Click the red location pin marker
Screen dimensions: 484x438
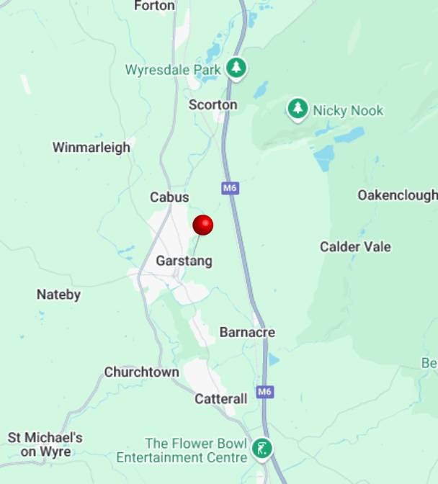pyautogui.click(x=203, y=225)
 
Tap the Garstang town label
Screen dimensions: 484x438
pyautogui.click(x=184, y=261)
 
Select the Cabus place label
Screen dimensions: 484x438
pyautogui.click(x=169, y=197)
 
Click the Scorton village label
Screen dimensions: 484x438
pyautogui.click(x=213, y=105)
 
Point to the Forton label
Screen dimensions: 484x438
pyautogui.click(x=154, y=6)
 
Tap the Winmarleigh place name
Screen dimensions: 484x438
pyautogui.click(x=91, y=148)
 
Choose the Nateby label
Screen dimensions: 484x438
pyautogui.click(x=58, y=295)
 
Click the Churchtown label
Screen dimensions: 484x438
pyautogui.click(x=141, y=372)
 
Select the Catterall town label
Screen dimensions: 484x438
pyautogui.click(x=220, y=398)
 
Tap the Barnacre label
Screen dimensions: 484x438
pyautogui.click(x=247, y=333)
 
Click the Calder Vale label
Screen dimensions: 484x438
pyautogui.click(x=355, y=247)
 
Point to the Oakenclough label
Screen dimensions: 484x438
pyautogui.click(x=397, y=195)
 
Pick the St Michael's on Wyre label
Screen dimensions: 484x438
pyautogui.click(x=45, y=444)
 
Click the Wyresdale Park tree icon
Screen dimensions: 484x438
pyautogui.click(x=236, y=68)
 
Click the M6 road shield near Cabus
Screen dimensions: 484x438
pyautogui.click(x=229, y=188)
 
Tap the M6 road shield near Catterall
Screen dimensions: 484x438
pyautogui.click(x=265, y=392)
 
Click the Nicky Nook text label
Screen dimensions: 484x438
pyautogui.click(x=348, y=111)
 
